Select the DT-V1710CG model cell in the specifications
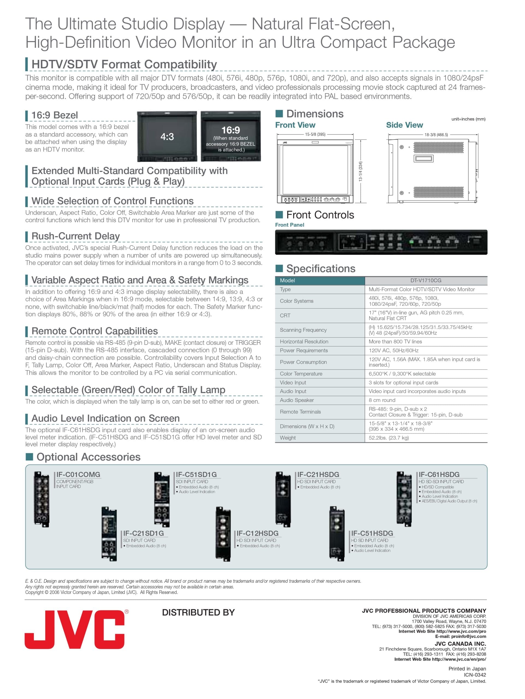(x=426, y=280)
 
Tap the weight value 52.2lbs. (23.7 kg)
(x=388, y=438)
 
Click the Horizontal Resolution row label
(x=304, y=342)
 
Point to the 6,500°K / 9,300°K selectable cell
(x=402, y=374)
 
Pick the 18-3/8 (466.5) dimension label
(x=436, y=135)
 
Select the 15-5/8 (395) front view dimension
(x=315, y=134)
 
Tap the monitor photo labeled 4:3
(x=167, y=136)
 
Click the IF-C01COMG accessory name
(x=78, y=474)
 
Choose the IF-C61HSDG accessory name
(x=439, y=474)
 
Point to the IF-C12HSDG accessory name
(x=257, y=533)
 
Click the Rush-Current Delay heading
(x=76, y=236)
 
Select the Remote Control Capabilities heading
(x=95, y=331)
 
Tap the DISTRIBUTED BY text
(x=198, y=612)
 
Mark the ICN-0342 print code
(x=475, y=675)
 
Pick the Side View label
(x=404, y=125)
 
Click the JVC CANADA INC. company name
(x=460, y=644)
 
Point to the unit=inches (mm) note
(x=468, y=119)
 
